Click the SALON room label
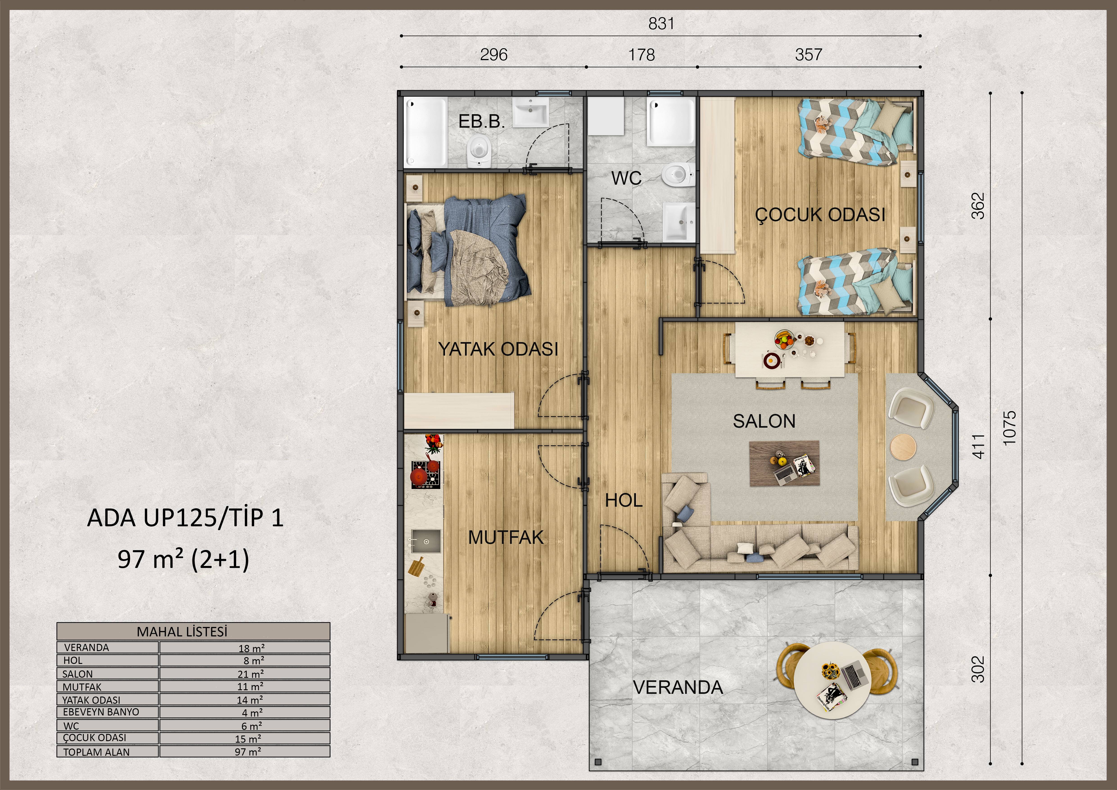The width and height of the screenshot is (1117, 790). click(x=764, y=421)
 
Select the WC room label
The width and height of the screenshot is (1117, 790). click(x=627, y=178)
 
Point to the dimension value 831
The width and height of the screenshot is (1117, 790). click(x=661, y=23)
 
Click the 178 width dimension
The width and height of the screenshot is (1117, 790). click(x=642, y=54)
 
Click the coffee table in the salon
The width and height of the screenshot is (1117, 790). click(x=784, y=463)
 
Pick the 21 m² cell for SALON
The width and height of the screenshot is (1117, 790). click(x=245, y=674)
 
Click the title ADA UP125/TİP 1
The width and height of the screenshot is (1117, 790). click(x=185, y=518)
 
